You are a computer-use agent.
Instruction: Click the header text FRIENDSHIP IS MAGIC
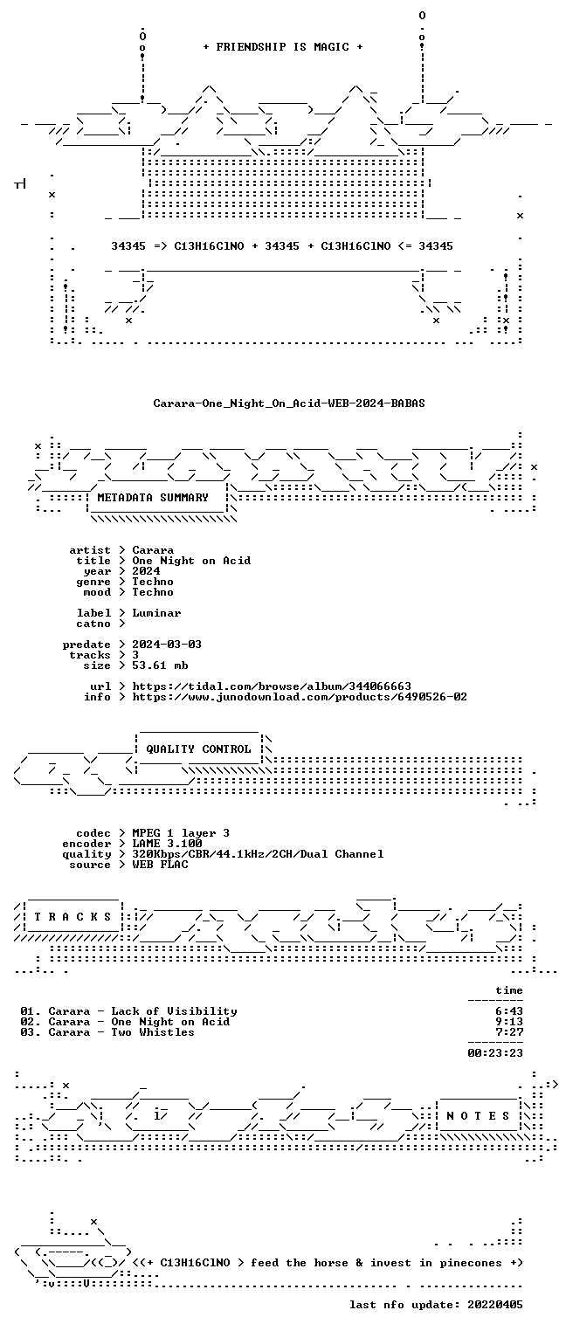coord(283,47)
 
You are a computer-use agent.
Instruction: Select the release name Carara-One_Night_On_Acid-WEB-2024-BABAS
coord(289,403)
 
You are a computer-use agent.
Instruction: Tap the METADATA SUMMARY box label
coord(153,497)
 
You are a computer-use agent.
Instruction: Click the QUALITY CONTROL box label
coord(198,749)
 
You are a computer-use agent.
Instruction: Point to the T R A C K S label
coord(72,917)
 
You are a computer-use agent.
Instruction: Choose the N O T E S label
coord(478,1116)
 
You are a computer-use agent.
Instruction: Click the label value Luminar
coord(156,613)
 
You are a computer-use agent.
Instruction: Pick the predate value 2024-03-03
coord(167,645)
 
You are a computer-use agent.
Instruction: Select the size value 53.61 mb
coord(160,665)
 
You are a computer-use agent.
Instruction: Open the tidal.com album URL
coord(272,686)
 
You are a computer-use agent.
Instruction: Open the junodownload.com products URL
coord(300,697)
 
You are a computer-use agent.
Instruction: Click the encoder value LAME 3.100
coord(167,844)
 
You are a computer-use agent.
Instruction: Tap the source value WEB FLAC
coord(160,865)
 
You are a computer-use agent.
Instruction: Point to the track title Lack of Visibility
coord(174,1011)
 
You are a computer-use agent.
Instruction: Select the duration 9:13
coord(509,1022)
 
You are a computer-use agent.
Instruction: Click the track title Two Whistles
coord(153,1032)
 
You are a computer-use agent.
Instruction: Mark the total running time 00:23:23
coord(495,1053)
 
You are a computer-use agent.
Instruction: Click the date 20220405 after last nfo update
coord(495,1305)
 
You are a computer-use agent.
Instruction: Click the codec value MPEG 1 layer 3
coord(181,833)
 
